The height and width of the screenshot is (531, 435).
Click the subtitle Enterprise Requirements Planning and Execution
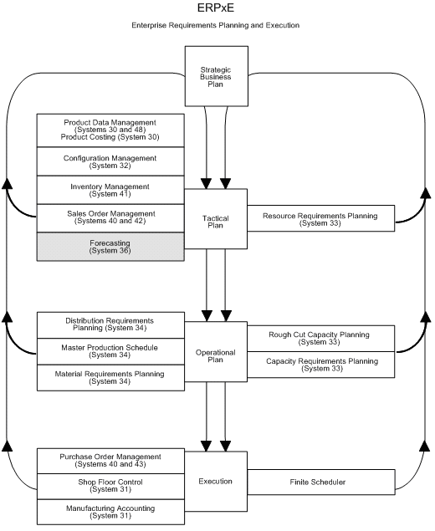click(x=216, y=26)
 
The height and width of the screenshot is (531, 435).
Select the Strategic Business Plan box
click(x=216, y=76)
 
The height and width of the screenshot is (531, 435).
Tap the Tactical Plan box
click(x=216, y=218)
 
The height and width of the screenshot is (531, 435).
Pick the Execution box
click(x=216, y=481)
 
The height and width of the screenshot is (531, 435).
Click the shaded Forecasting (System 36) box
click(x=110, y=247)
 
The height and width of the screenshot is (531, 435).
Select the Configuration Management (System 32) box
click(x=110, y=161)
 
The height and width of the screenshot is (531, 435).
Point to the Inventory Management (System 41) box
click(x=110, y=190)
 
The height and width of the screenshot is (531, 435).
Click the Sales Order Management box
click(x=110, y=217)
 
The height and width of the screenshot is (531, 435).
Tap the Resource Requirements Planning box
click(x=320, y=219)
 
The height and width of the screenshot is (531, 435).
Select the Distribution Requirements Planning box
click(x=110, y=324)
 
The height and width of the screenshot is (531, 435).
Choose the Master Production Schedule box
click(x=110, y=351)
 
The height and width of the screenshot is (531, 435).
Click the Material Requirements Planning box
click(x=110, y=377)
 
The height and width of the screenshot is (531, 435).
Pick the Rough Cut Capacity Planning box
click(x=320, y=338)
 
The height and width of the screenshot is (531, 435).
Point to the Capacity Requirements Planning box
click(x=320, y=365)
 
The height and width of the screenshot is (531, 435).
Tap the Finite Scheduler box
click(x=320, y=482)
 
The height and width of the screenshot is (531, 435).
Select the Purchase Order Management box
click(x=110, y=461)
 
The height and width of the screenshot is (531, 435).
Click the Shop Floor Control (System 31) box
click(x=110, y=486)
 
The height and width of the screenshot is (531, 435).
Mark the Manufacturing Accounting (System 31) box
click(x=110, y=512)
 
